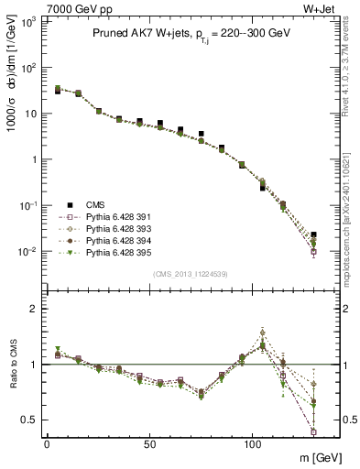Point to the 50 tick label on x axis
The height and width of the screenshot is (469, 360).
(150, 442)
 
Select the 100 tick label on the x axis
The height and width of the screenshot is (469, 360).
(253, 442)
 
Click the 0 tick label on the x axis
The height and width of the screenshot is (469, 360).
(47, 442)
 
